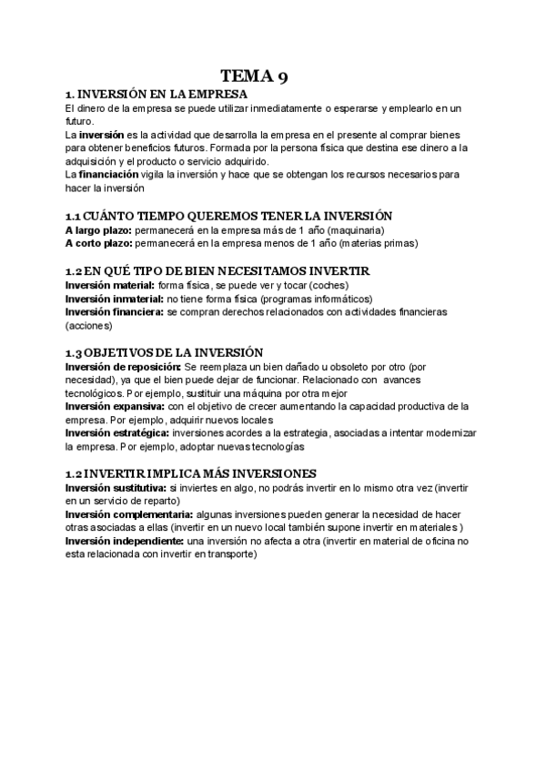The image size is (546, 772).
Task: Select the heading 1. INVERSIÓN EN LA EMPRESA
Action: pos(157,95)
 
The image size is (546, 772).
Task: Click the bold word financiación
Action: pos(108,173)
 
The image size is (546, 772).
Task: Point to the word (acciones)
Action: pos(87,325)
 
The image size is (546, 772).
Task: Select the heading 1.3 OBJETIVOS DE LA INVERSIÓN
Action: pos(164,352)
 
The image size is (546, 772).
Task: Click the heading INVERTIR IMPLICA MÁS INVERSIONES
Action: pos(199,473)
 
